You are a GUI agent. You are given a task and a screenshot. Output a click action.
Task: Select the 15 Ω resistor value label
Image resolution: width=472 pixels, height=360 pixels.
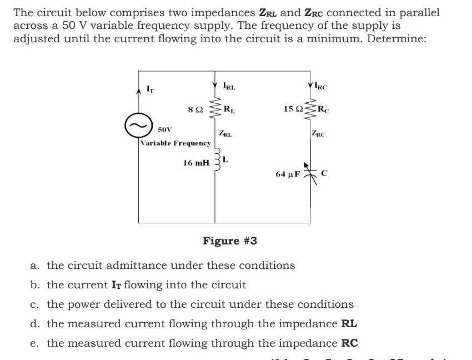pyautogui.click(x=293, y=108)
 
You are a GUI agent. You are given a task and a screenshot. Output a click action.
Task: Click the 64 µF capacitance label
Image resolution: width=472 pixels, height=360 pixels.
pyautogui.click(x=288, y=174)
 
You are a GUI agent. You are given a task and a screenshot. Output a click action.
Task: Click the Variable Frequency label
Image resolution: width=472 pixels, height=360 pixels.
pyautogui.click(x=175, y=143)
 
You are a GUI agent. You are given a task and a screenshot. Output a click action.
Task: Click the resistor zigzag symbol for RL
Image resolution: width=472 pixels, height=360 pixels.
pyautogui.click(x=215, y=108)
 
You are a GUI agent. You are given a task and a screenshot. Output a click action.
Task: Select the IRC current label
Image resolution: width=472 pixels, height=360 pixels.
pyautogui.click(x=321, y=86)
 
